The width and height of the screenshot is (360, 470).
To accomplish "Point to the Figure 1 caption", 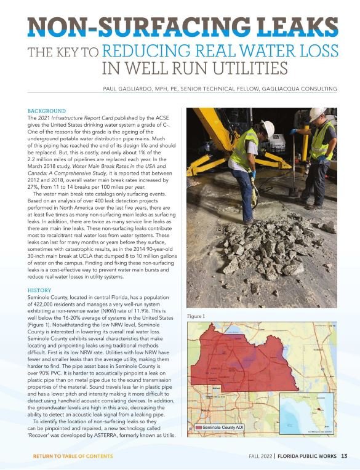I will (x=195, y=316).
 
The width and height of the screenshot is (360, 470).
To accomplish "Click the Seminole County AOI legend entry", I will (x=223, y=426).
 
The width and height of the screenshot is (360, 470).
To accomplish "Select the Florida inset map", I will (x=306, y=412).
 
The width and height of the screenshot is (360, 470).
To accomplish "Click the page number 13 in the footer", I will (x=344, y=456).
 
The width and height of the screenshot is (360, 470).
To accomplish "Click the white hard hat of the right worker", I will (x=318, y=114).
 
